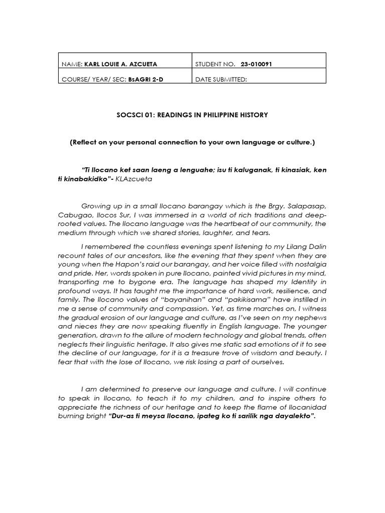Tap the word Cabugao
(x=74, y=214)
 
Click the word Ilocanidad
(x=300, y=407)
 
